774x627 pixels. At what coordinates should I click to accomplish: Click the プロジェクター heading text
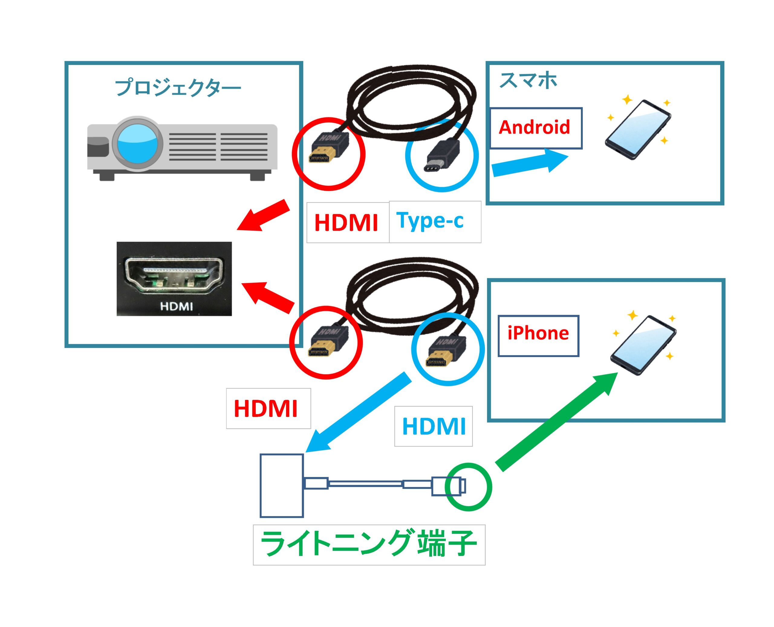coord(178,88)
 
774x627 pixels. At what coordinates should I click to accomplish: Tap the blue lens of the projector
coord(138,143)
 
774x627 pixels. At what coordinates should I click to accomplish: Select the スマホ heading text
coord(528,80)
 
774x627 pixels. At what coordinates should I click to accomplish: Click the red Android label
coord(534,128)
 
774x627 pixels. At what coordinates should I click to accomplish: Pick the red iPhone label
coord(538,333)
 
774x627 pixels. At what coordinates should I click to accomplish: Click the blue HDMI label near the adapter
coord(434,426)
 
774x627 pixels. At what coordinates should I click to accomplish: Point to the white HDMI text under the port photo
coord(176,307)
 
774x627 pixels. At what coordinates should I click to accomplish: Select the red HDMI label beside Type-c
coord(346,223)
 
